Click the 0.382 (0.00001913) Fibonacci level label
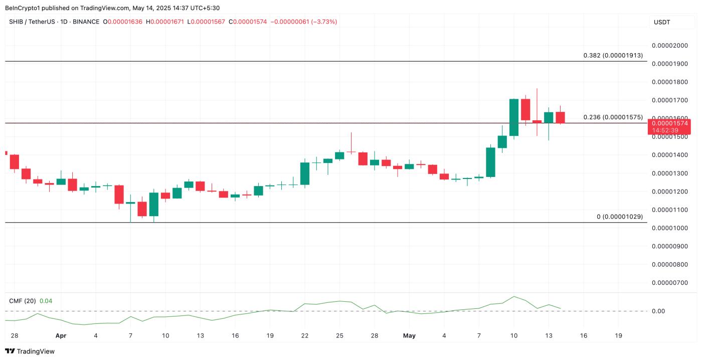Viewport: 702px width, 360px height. click(x=613, y=55)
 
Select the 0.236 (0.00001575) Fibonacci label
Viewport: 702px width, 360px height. click(x=613, y=117)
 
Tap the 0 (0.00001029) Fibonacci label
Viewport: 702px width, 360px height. click(x=619, y=217)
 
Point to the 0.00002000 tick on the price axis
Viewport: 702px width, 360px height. click(x=669, y=46)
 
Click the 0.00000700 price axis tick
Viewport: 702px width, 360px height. click(x=669, y=283)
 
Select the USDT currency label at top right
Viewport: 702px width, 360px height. click(x=662, y=22)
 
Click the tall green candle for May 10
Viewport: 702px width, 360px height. click(x=514, y=117)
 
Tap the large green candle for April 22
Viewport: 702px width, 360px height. click(x=305, y=173)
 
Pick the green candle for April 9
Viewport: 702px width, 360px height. click(x=154, y=205)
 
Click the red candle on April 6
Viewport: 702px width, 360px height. click(x=119, y=194)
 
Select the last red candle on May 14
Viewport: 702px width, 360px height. click(x=560, y=117)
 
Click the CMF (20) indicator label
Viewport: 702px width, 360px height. click(x=22, y=301)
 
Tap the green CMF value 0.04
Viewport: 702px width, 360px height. click(x=46, y=301)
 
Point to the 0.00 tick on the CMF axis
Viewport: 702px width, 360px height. click(x=658, y=311)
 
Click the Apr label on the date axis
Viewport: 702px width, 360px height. click(x=61, y=336)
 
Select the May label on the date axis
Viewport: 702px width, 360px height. click(x=409, y=336)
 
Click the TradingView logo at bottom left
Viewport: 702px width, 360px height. click(x=30, y=351)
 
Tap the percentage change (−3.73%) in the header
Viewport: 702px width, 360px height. click(x=324, y=22)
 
